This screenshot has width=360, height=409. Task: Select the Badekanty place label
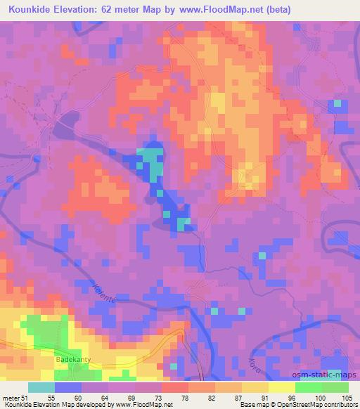tap(73, 359)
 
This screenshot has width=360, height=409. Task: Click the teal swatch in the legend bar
tap(41, 387)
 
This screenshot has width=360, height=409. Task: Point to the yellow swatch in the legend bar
tap(255, 387)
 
